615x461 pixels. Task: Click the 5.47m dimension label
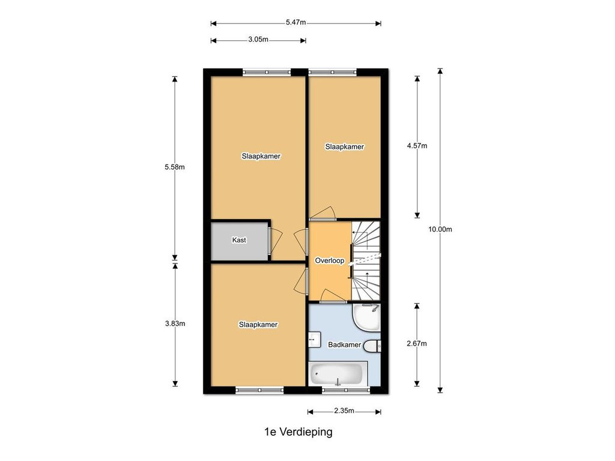(295, 22)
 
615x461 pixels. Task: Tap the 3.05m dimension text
(258, 39)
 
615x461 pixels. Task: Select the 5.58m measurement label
(175, 167)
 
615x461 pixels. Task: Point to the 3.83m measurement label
(175, 324)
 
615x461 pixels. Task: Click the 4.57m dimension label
(417, 146)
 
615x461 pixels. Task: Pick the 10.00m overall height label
(440, 229)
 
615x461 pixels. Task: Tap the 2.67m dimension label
(417, 344)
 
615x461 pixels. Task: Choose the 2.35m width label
(344, 411)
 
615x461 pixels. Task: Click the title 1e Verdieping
(298, 432)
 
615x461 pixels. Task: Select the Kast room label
(239, 240)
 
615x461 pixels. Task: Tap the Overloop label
(330, 261)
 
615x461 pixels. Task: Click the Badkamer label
(344, 345)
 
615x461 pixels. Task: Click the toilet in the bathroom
(372, 346)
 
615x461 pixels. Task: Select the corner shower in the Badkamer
(366, 318)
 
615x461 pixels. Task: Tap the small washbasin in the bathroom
(314, 340)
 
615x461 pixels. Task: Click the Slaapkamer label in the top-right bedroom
(344, 147)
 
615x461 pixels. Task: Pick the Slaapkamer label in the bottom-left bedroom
(258, 325)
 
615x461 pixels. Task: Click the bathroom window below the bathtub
(345, 390)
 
